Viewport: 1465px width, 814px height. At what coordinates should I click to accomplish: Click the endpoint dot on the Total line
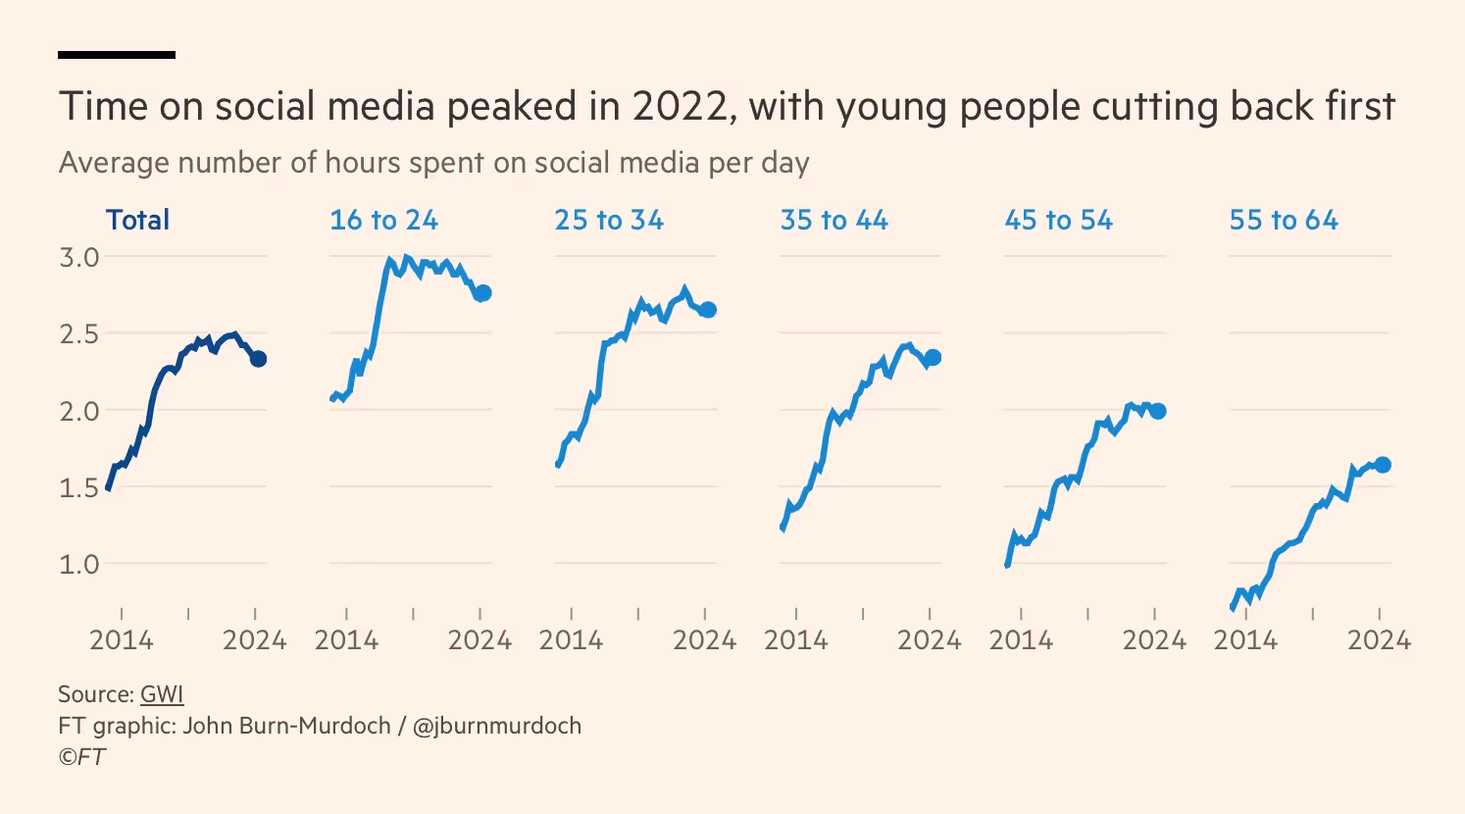258,359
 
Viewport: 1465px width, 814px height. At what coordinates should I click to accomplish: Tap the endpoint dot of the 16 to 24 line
482,293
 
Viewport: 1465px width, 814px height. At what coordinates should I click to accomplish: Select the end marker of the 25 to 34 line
708,310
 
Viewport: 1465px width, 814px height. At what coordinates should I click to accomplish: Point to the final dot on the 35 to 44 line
933,358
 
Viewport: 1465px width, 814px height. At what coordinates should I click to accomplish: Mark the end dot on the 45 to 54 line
1158,411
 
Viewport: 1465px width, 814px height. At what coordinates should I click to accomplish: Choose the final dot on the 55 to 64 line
1383,465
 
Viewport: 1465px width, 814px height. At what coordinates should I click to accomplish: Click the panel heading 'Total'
137,220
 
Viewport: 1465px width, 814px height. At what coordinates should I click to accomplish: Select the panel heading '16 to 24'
383,220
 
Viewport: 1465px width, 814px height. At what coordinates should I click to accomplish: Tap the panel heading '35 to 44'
834,220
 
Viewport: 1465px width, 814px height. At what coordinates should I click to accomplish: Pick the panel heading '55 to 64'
1284,220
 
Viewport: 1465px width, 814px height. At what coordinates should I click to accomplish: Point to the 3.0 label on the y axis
79,257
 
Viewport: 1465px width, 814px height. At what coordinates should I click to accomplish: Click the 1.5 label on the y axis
79,487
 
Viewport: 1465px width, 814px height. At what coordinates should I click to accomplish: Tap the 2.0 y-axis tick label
79,411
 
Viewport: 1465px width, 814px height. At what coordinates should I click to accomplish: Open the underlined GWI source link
162,694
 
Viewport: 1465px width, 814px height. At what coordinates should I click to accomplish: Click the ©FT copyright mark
81,757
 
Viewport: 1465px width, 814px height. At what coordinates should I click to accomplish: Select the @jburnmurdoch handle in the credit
496,726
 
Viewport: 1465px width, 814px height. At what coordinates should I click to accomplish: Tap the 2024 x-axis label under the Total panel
255,640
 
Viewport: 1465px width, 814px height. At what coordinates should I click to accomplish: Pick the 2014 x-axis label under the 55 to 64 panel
1245,640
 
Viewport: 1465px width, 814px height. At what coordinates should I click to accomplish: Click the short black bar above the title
117,55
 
